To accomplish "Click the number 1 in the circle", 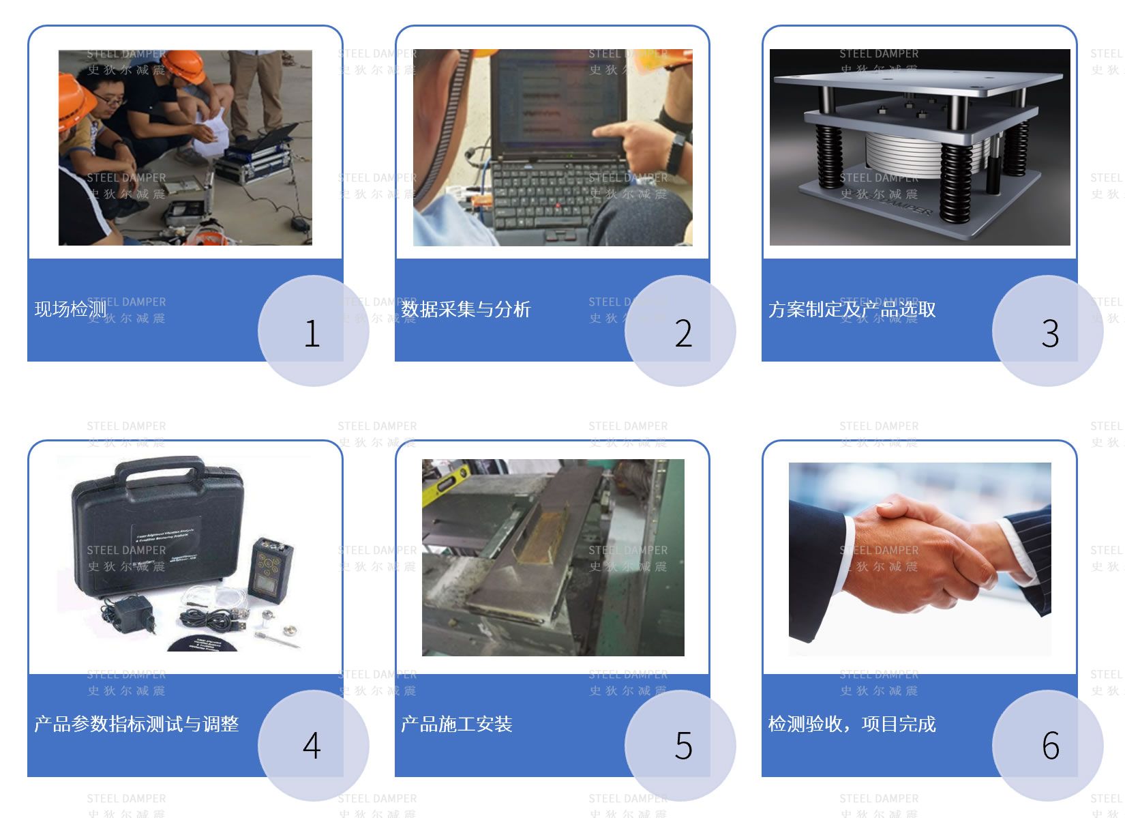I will (x=312, y=334).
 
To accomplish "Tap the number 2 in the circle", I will (x=683, y=334).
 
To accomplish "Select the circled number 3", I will (x=1050, y=334).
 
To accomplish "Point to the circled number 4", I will (x=312, y=746).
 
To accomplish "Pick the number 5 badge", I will (x=683, y=746).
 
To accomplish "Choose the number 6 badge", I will (x=1050, y=746).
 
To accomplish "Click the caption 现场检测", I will (x=70, y=309).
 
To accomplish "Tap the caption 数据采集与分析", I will (x=466, y=309).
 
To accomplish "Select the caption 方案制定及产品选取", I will (x=852, y=309).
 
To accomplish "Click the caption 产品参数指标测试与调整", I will (x=136, y=724).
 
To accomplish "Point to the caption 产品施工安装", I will (x=456, y=724).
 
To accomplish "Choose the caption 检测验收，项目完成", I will (x=852, y=724).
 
